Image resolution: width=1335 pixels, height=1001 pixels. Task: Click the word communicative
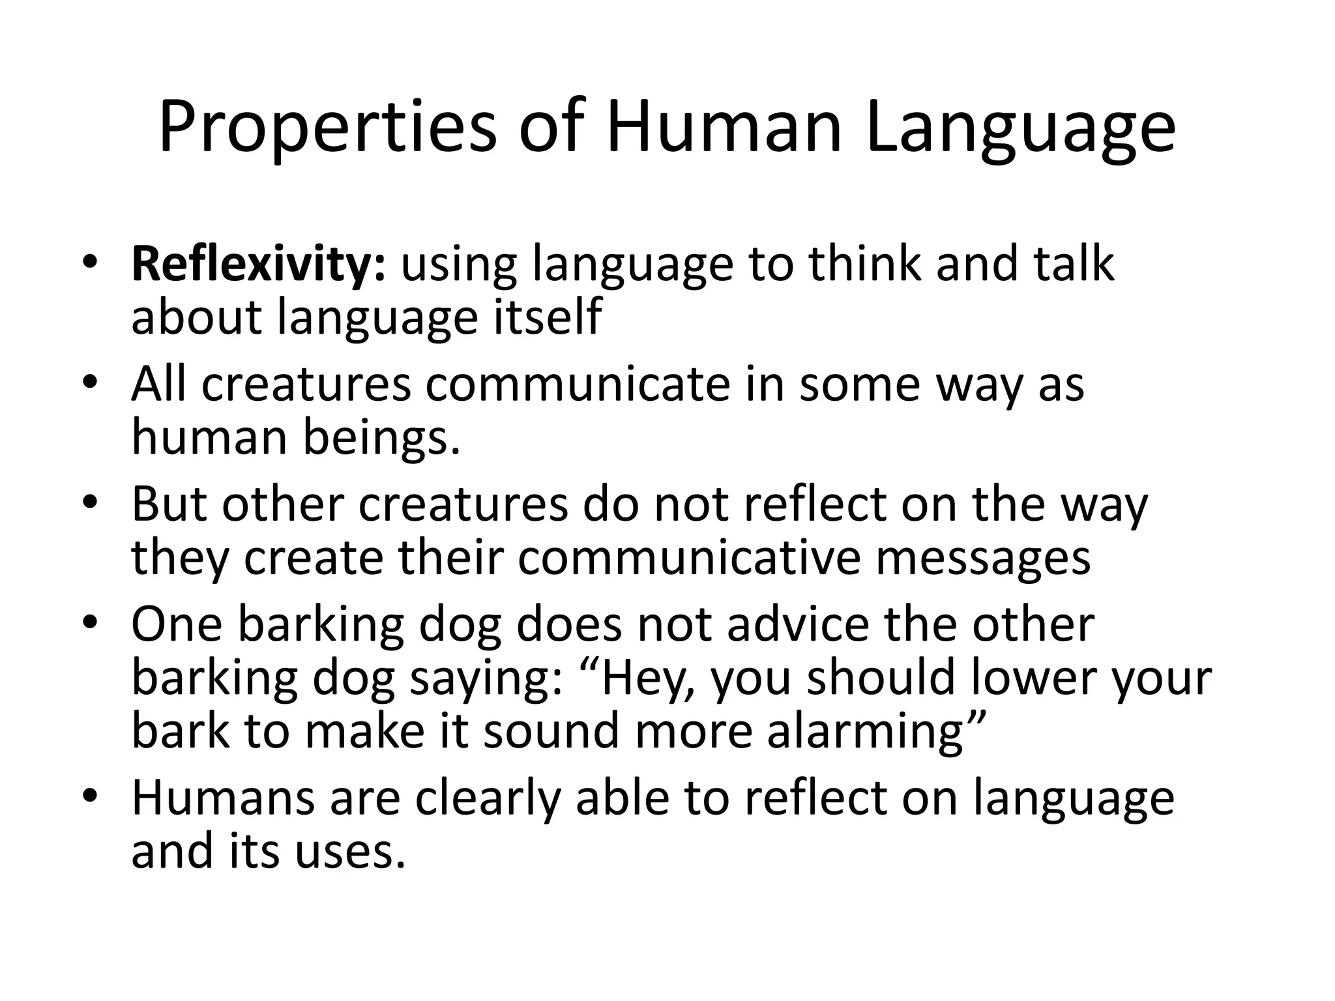coord(689,558)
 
